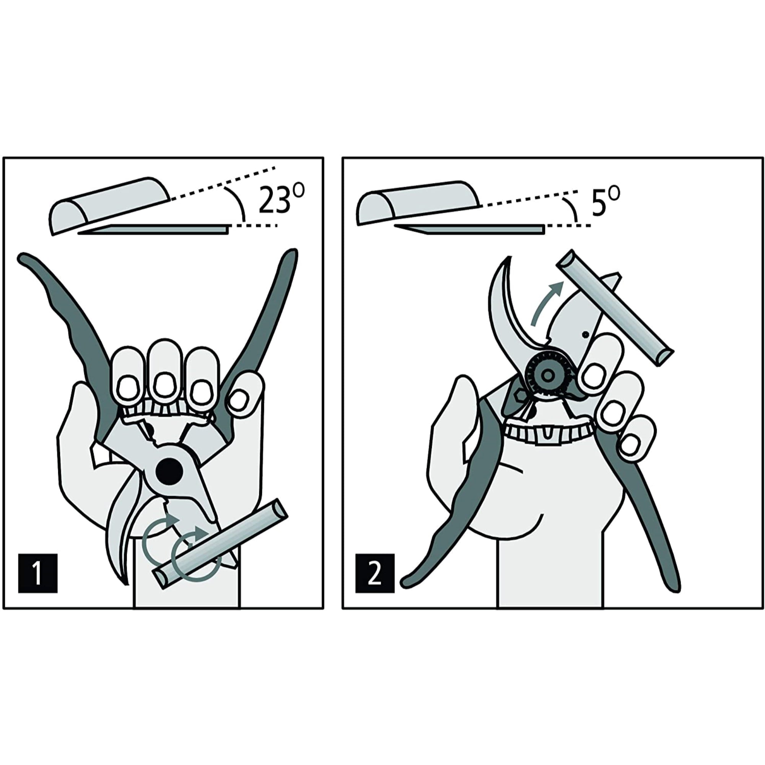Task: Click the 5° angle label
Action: point(605,202)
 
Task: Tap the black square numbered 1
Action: point(38,573)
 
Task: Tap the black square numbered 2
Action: point(374,573)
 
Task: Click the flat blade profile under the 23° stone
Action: point(155,229)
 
